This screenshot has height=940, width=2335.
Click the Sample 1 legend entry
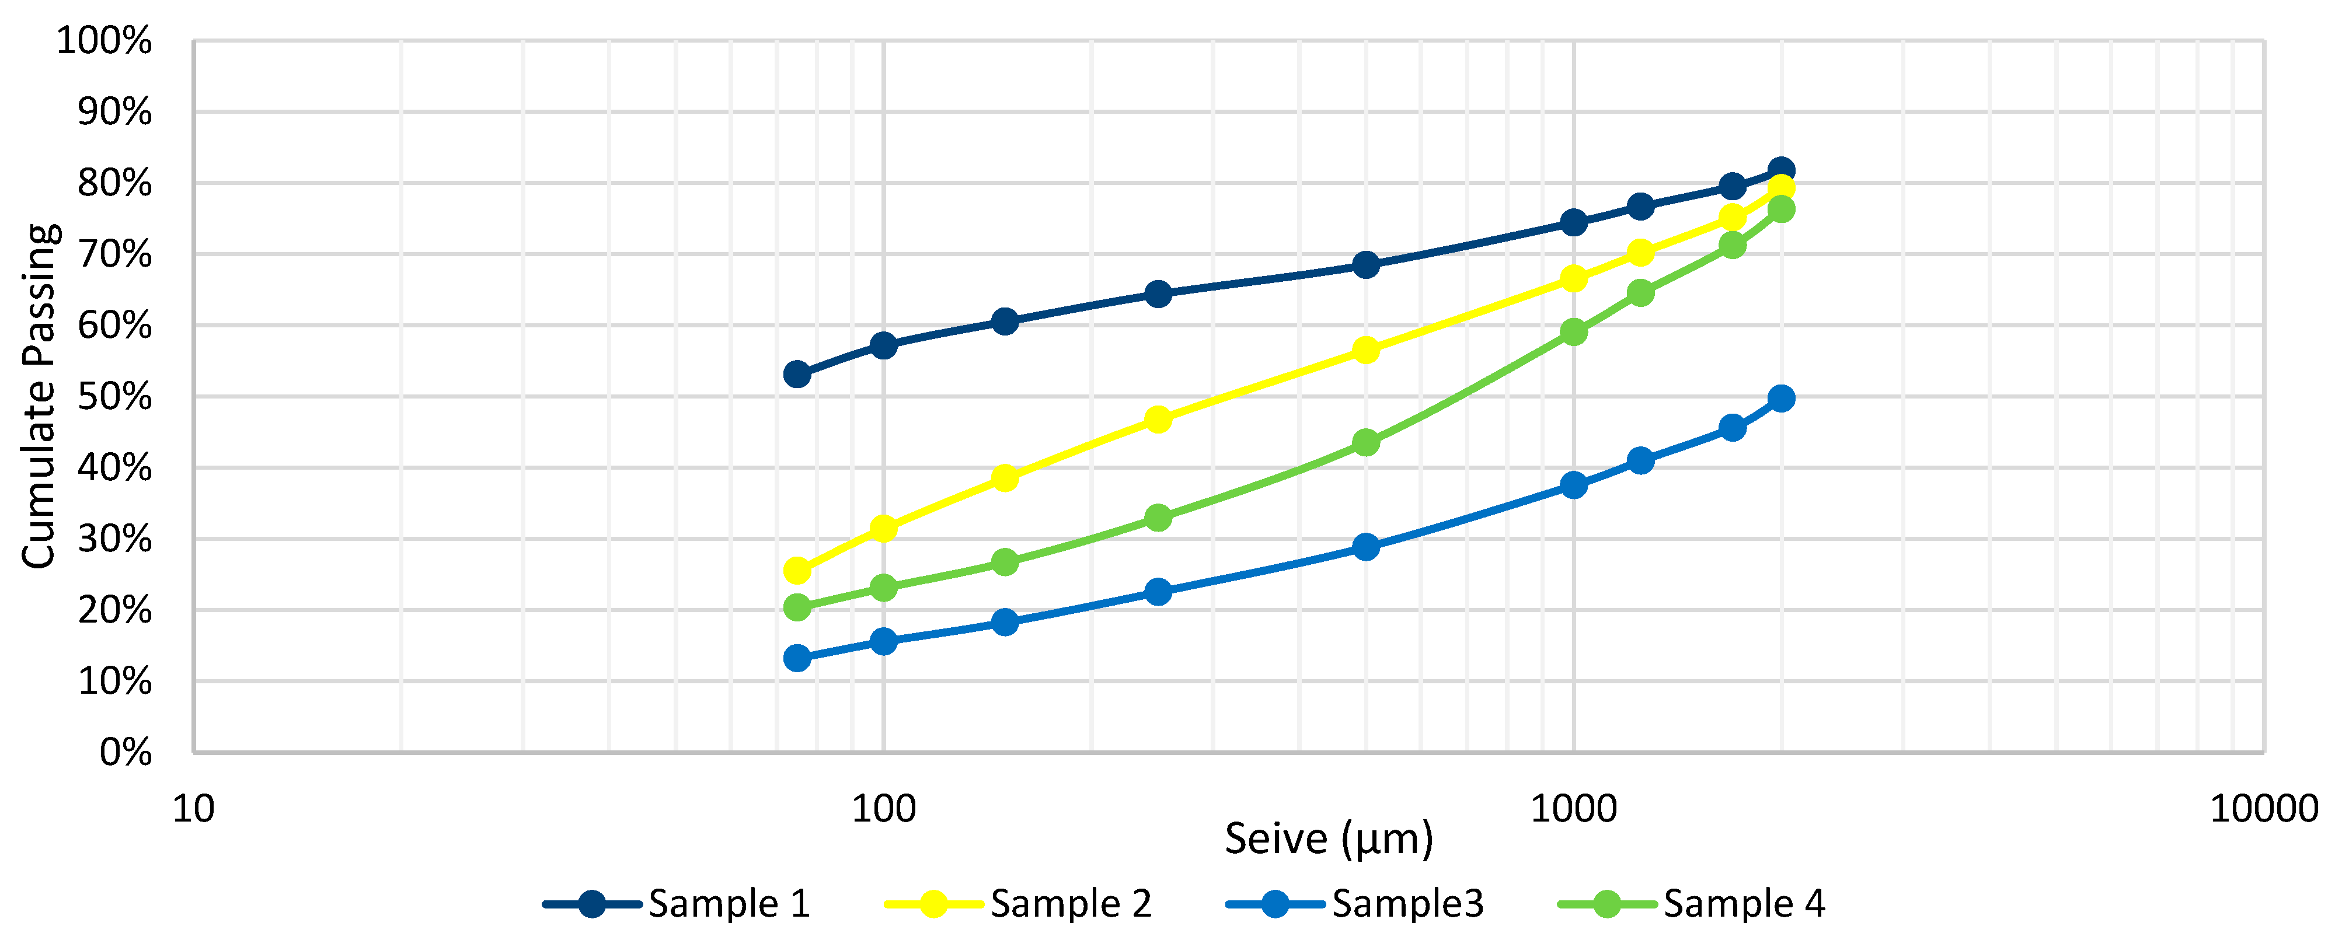677,904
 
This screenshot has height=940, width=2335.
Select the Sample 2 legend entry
1019,904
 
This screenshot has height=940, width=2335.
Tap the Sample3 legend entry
1356,904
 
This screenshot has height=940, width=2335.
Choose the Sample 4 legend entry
1692,904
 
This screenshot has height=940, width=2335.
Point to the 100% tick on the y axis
104,41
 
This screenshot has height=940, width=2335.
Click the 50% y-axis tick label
114,397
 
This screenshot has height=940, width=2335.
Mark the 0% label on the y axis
125,752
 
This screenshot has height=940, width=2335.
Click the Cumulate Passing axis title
39,396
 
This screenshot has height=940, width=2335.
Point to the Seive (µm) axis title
1329,838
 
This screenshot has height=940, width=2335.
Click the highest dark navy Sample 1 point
1781,170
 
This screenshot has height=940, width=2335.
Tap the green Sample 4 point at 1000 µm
1574,332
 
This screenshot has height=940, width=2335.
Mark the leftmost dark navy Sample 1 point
797,373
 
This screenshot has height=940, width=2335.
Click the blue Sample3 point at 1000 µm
1574,485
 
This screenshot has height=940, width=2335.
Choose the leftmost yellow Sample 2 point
797,570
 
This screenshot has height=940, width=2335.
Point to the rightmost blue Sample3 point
1781,398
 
